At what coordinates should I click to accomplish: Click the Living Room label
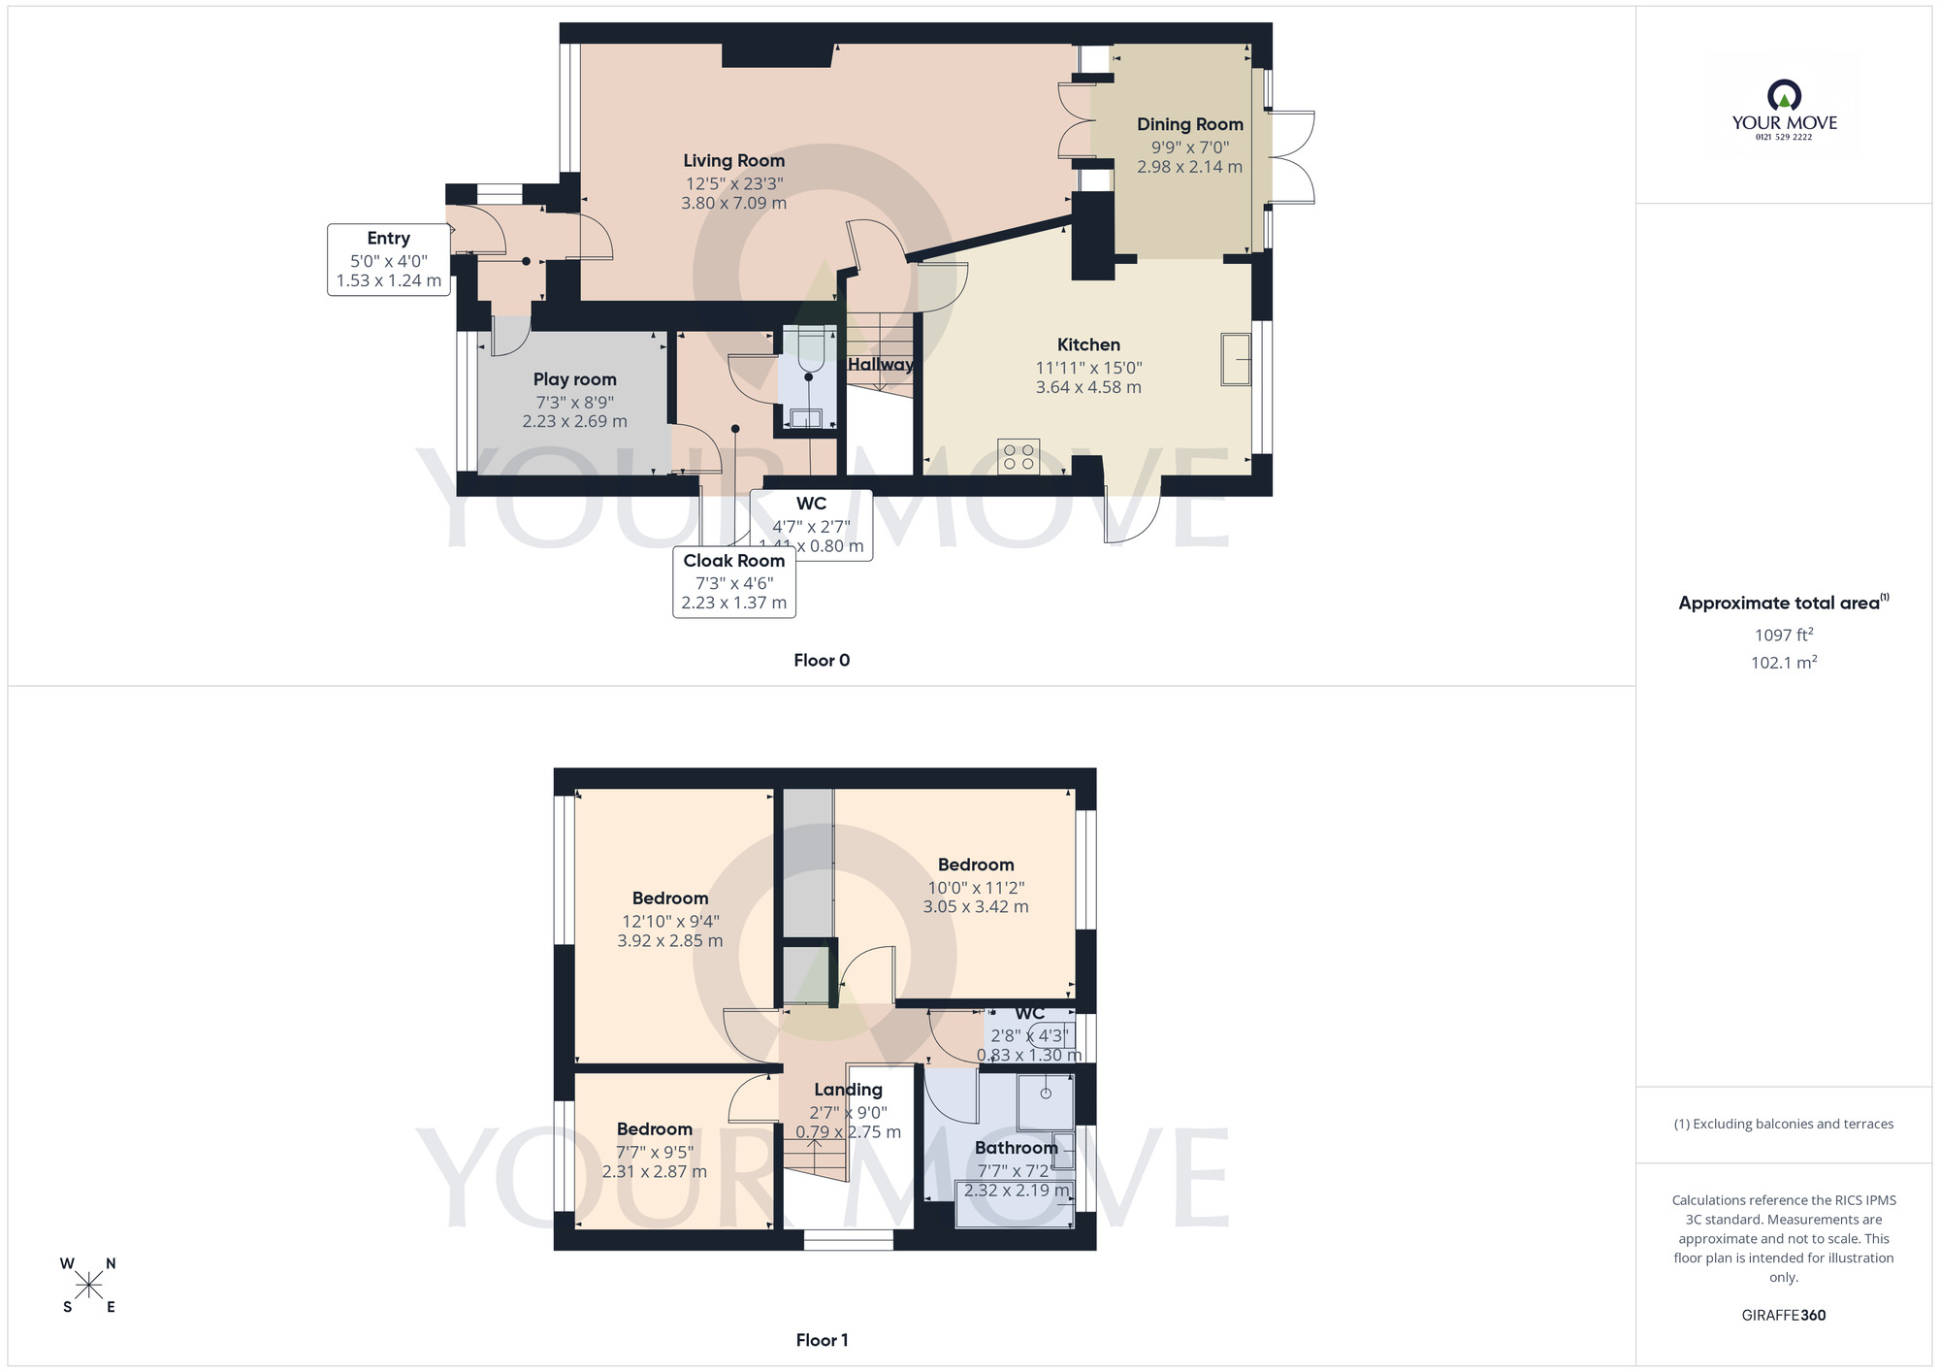point(733,161)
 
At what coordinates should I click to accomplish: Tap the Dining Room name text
point(1189,124)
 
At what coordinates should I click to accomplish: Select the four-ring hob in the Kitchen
point(1018,457)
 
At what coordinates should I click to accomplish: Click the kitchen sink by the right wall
point(1236,359)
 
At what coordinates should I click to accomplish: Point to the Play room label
point(574,379)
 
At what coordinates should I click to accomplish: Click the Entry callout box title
point(388,239)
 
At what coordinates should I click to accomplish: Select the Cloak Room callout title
point(733,561)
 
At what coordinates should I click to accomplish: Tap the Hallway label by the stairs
point(880,365)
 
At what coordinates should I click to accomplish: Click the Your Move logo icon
point(1784,95)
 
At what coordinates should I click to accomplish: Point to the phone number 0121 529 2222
point(1784,137)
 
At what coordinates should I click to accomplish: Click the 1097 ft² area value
point(1783,636)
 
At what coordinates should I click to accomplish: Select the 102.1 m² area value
point(1783,663)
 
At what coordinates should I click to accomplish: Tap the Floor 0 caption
point(821,661)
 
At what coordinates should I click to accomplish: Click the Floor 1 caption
point(821,1340)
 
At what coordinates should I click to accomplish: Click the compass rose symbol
point(88,1286)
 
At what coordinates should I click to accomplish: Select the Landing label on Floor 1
point(848,1090)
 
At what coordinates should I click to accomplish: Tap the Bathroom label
point(1016,1148)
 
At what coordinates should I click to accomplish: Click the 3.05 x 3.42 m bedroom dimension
point(975,907)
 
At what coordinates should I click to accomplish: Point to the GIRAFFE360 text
point(1783,1316)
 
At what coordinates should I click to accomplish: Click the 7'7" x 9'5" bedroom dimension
point(655,1153)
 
